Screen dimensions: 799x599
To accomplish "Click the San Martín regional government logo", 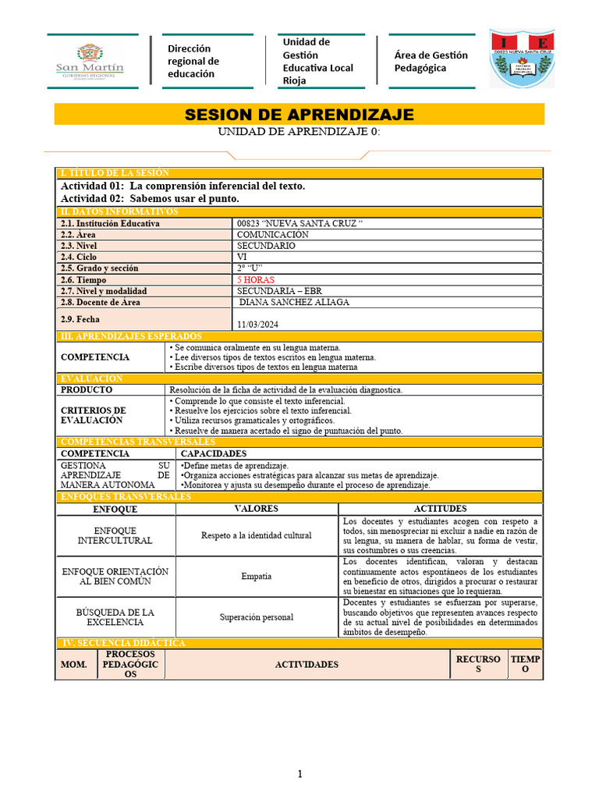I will click(90, 61).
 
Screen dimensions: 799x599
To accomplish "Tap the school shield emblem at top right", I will click(522, 59).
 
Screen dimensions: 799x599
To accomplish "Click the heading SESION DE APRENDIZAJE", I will click(299, 115).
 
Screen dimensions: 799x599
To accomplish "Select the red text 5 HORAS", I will click(256, 279).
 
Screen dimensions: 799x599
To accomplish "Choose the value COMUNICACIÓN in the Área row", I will click(272, 234).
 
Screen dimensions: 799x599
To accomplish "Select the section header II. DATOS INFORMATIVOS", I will click(119, 211).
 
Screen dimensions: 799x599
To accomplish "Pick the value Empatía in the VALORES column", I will click(257, 576).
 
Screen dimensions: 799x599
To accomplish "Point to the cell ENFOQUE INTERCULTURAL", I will click(115, 535).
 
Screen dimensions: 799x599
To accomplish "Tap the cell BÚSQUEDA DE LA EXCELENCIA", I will click(115, 616).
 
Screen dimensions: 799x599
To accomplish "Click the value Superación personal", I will click(257, 617).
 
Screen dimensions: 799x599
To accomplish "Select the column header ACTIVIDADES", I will click(307, 664).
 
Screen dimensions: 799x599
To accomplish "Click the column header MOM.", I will click(74, 665).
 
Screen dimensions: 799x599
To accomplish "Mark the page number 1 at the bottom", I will click(299, 774).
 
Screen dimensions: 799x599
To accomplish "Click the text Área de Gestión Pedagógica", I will click(431, 61).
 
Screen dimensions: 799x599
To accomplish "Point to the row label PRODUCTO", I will click(87, 389).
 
